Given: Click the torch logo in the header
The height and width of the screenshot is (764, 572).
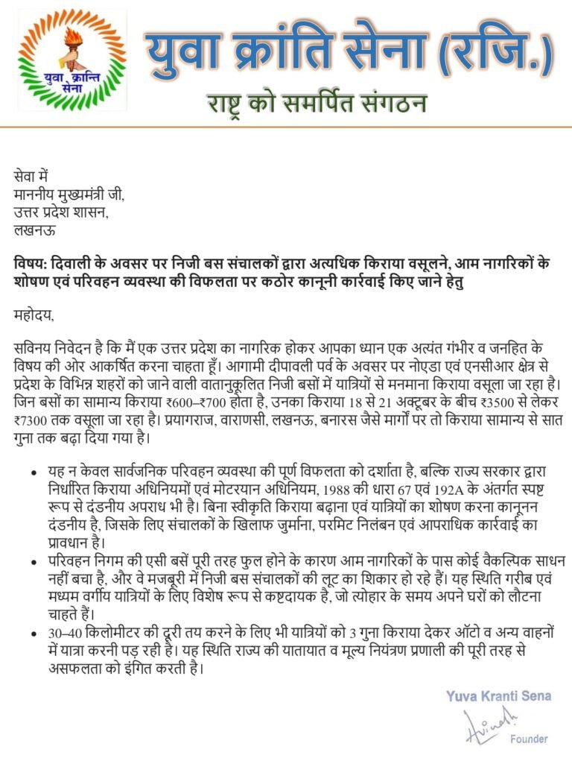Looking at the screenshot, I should pyautogui.click(x=72, y=59).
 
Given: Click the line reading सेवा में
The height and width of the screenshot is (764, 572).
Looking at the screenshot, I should pyautogui.click(x=31, y=177).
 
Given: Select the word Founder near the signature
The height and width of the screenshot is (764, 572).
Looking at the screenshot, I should pyautogui.click(x=529, y=739).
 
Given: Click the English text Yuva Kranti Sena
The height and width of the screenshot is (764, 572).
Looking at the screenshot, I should pyautogui.click(x=498, y=696).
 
